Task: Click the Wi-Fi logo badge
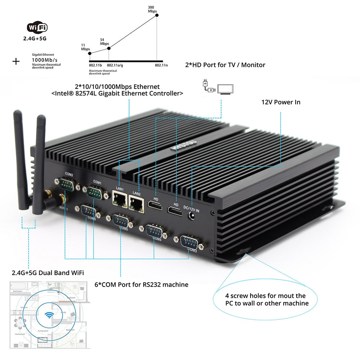point(37,28)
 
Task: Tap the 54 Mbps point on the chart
point(109,48)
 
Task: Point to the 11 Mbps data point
point(90,53)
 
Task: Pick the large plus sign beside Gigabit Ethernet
point(16,61)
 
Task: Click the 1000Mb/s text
point(45,60)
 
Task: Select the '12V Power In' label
point(280,102)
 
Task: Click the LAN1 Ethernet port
point(119,198)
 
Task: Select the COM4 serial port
point(155,231)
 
